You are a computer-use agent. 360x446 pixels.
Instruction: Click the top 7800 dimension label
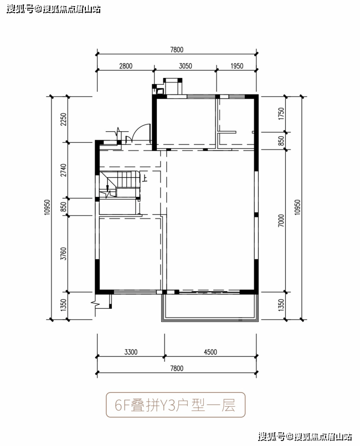tap(177, 49)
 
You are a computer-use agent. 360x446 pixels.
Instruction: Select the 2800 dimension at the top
tap(126, 66)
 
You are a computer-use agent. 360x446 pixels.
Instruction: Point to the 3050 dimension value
tap(186, 66)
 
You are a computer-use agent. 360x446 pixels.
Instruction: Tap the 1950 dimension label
tap(237, 66)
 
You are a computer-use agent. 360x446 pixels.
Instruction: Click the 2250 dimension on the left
tap(64, 120)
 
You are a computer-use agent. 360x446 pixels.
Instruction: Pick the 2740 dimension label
tap(64, 170)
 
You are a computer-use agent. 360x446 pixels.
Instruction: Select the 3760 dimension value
tap(64, 253)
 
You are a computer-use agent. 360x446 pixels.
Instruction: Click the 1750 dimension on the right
tap(281, 114)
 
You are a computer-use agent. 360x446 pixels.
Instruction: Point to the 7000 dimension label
tap(281, 220)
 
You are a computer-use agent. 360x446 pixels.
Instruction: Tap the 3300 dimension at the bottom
tap(131, 352)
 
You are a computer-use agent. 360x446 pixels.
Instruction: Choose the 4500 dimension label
tap(210, 352)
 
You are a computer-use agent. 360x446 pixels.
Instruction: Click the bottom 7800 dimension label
tap(177, 369)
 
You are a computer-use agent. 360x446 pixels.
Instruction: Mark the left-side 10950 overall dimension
tap(47, 207)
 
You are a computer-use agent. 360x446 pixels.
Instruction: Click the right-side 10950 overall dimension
tap(297, 207)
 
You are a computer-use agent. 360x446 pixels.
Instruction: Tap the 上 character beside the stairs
tap(145, 178)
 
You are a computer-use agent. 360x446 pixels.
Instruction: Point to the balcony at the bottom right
tap(210, 307)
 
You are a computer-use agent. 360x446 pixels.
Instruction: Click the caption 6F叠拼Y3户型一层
tap(176, 405)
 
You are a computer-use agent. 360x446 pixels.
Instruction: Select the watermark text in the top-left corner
tap(54, 9)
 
